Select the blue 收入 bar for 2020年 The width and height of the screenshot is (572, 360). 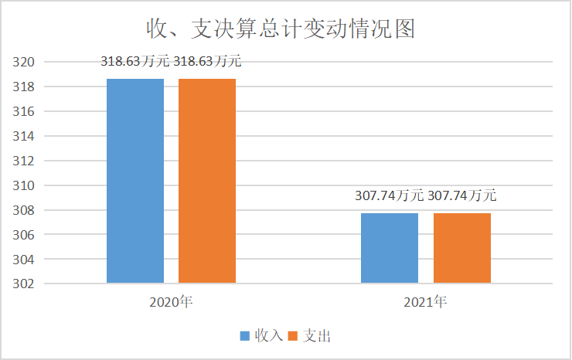[x=135, y=181]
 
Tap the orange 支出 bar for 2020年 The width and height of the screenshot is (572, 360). [x=207, y=181]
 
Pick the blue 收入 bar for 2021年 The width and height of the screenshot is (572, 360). [x=390, y=248]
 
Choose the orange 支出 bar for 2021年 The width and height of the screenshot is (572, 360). [x=462, y=248]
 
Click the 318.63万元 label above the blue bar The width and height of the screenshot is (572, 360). [x=135, y=62]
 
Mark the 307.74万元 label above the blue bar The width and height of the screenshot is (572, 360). [x=390, y=196]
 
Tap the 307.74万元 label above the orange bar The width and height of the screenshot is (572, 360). [x=462, y=196]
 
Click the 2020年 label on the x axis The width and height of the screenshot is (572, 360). [x=171, y=302]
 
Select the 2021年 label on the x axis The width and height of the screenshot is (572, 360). [x=425, y=302]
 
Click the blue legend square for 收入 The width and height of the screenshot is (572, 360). [x=244, y=336]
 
